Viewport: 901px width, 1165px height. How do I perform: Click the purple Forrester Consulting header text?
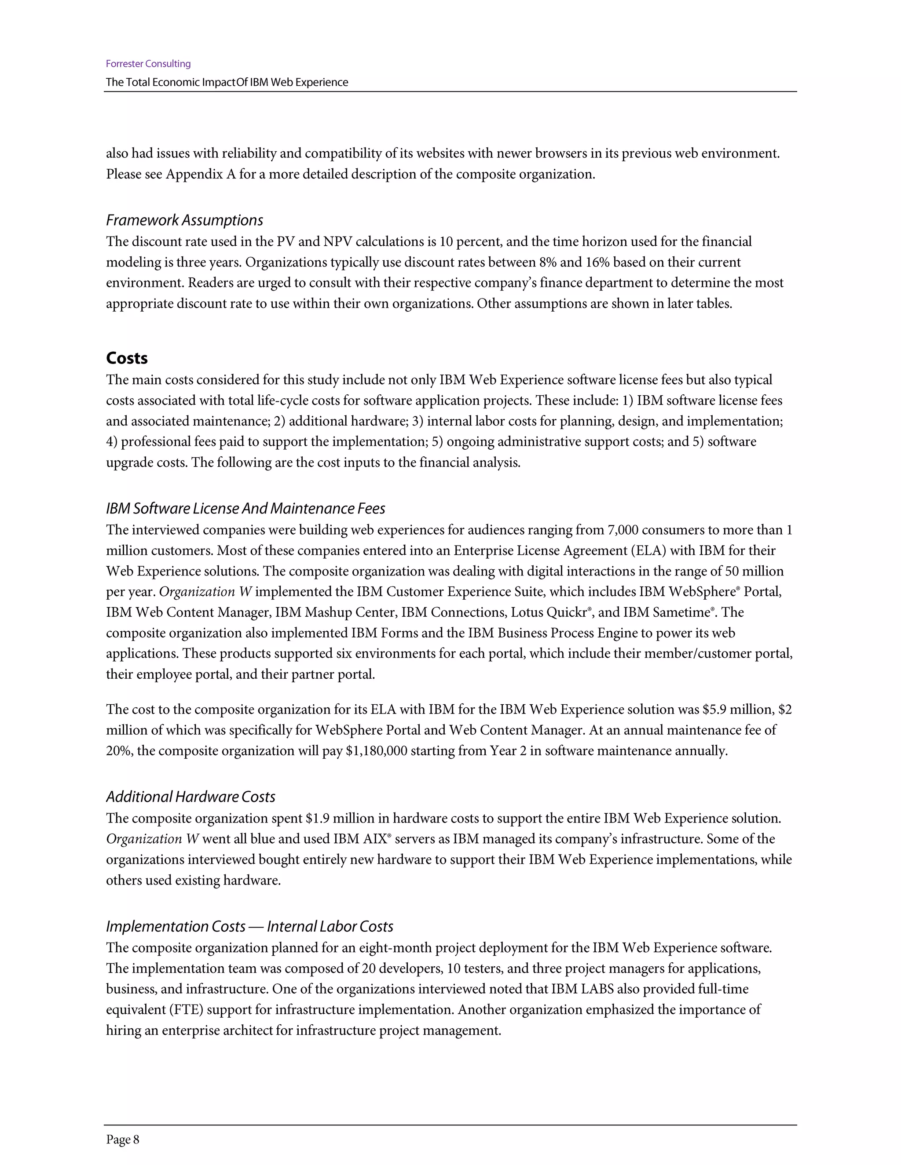[148, 64]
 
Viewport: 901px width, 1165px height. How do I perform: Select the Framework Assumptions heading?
[184, 220]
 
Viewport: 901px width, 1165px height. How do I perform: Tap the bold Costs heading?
[127, 358]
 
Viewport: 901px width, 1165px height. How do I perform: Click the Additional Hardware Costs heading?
[190, 797]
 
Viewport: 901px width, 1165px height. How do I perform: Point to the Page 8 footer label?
[122, 1139]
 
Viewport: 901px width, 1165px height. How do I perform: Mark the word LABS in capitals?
[597, 989]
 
